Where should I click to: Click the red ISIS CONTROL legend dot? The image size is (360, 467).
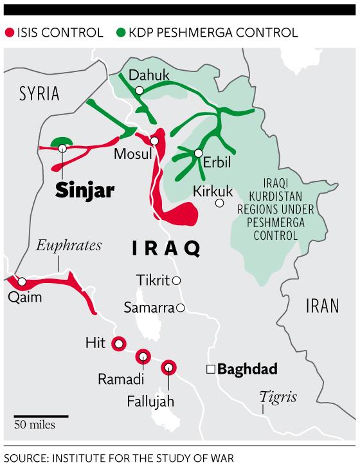10,32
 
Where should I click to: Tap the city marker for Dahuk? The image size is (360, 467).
139,91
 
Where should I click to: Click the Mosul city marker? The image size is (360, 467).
154,141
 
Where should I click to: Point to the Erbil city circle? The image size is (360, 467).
199,153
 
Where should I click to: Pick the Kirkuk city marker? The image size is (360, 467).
220,203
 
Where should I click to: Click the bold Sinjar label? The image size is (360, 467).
84,190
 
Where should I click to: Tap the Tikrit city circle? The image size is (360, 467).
175,280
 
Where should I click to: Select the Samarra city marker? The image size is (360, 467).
181,308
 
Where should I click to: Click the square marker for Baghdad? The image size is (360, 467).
210,369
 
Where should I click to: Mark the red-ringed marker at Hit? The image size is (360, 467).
118,344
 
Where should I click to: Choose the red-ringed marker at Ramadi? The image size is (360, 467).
142,354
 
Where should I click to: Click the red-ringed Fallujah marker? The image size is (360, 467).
168,367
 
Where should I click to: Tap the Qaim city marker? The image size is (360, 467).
22,282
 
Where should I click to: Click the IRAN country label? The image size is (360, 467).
321,306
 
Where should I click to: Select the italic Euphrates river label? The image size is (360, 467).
61,245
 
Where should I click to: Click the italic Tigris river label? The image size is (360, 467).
278,396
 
